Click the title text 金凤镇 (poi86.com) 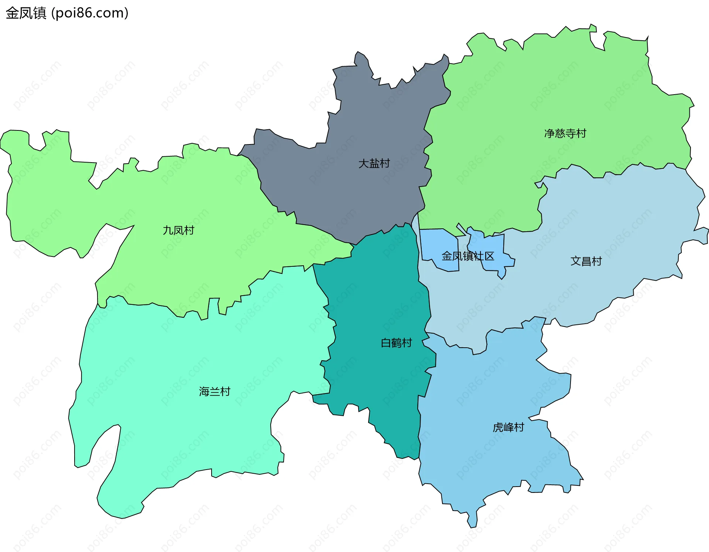(67, 13)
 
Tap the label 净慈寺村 (565, 133)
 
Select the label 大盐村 (374, 163)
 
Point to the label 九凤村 (178, 230)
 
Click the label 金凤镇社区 (468, 256)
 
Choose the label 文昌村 (586, 261)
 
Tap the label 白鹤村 (396, 343)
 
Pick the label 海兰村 (215, 391)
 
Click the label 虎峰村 (508, 427)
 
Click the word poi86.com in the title (90, 13)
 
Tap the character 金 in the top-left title (12, 13)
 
